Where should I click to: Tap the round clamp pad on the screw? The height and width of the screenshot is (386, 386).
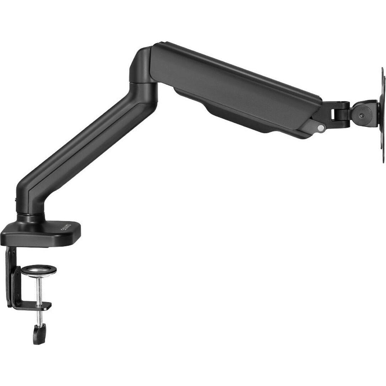pyautogui.click(x=38, y=271)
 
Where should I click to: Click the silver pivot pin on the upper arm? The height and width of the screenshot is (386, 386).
pyautogui.click(x=321, y=127)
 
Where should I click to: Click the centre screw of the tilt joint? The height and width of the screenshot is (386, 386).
pyautogui.click(x=361, y=116)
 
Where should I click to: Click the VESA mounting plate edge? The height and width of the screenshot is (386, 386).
pyautogui.click(x=383, y=114)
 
